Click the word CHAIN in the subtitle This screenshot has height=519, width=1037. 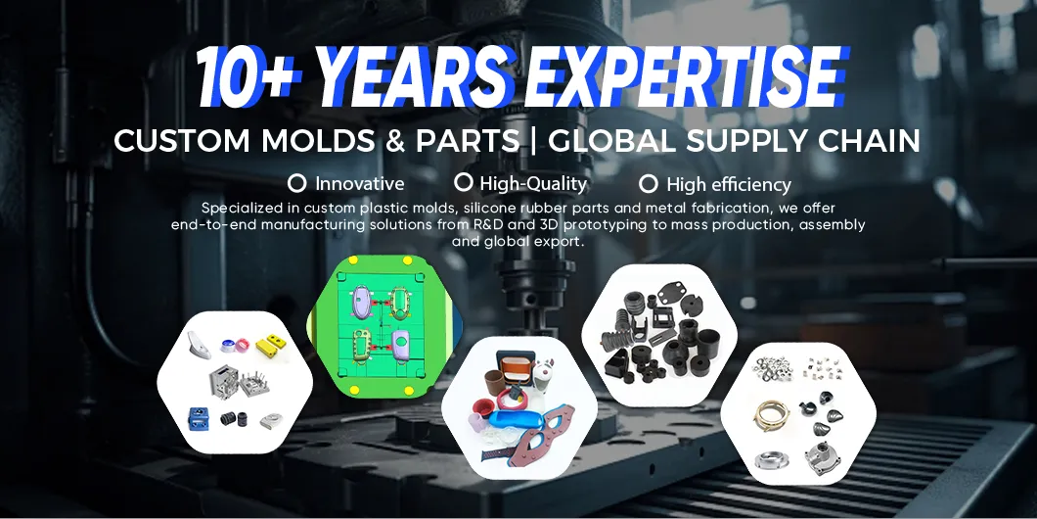click(866, 141)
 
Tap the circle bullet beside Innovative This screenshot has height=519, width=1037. click(297, 183)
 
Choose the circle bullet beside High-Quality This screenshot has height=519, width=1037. click(464, 182)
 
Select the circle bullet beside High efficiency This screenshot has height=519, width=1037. click(648, 183)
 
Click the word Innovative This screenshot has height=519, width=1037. click(359, 183)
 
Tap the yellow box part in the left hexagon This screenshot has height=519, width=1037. click(267, 346)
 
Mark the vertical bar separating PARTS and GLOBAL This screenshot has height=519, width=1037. click(534, 141)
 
